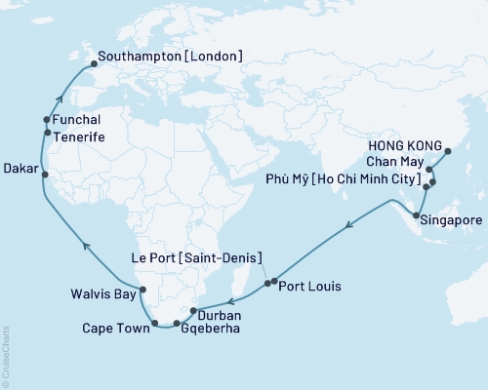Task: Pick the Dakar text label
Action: pos(21,169)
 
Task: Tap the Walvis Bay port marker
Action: pos(142,289)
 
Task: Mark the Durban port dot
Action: pos(193,310)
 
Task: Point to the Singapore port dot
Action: pos(417,214)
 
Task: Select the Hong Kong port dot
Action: pos(448,151)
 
